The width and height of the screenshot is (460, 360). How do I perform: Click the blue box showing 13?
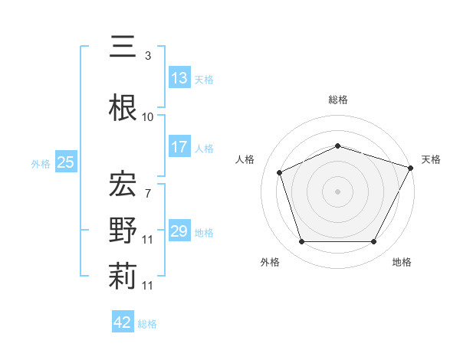pos(179,78)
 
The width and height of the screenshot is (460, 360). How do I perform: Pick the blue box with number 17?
pos(179,147)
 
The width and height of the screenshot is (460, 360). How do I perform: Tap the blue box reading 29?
pos(179,231)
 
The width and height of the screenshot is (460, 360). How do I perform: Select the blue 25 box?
pos(65,162)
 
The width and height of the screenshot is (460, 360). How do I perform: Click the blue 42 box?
pos(123,322)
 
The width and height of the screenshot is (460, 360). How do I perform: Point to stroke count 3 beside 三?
pos(147,56)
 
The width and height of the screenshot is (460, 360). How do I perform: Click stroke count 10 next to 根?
pos(148,116)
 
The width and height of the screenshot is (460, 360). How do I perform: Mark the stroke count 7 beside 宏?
pos(147,193)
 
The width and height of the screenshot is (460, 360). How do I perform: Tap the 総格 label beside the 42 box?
pos(147,324)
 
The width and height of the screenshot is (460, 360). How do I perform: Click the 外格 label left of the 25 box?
pos(41,163)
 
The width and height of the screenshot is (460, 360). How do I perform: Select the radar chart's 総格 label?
pos(338,100)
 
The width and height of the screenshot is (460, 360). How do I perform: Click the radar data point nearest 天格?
pos(410,168)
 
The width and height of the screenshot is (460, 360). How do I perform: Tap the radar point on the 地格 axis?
pos(373,242)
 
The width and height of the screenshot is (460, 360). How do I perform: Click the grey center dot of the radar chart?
pos(338,191)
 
